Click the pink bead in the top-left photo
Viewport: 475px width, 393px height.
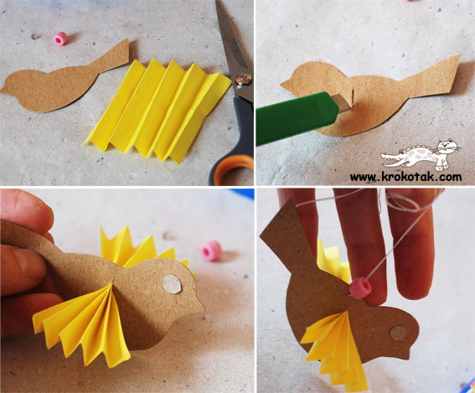pos(60,39)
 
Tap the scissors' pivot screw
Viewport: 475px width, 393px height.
pos(244,79)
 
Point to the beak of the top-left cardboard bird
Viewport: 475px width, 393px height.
pos(4,89)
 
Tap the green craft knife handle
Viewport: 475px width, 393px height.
pos(296,119)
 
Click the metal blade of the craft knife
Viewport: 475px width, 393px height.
pos(343,103)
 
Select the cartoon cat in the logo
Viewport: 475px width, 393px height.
pos(445,153)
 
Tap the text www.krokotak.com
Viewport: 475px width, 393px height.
pos(406,176)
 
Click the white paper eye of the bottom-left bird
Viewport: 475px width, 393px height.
pos(172,284)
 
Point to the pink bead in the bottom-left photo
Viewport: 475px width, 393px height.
pos(211,251)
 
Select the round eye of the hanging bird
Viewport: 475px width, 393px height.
pos(399,333)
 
